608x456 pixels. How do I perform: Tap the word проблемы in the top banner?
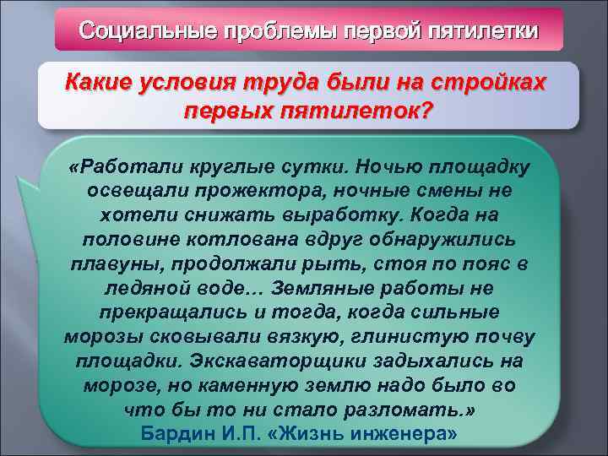267,32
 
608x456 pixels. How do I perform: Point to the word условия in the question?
191,84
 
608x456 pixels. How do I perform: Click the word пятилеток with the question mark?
354,111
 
